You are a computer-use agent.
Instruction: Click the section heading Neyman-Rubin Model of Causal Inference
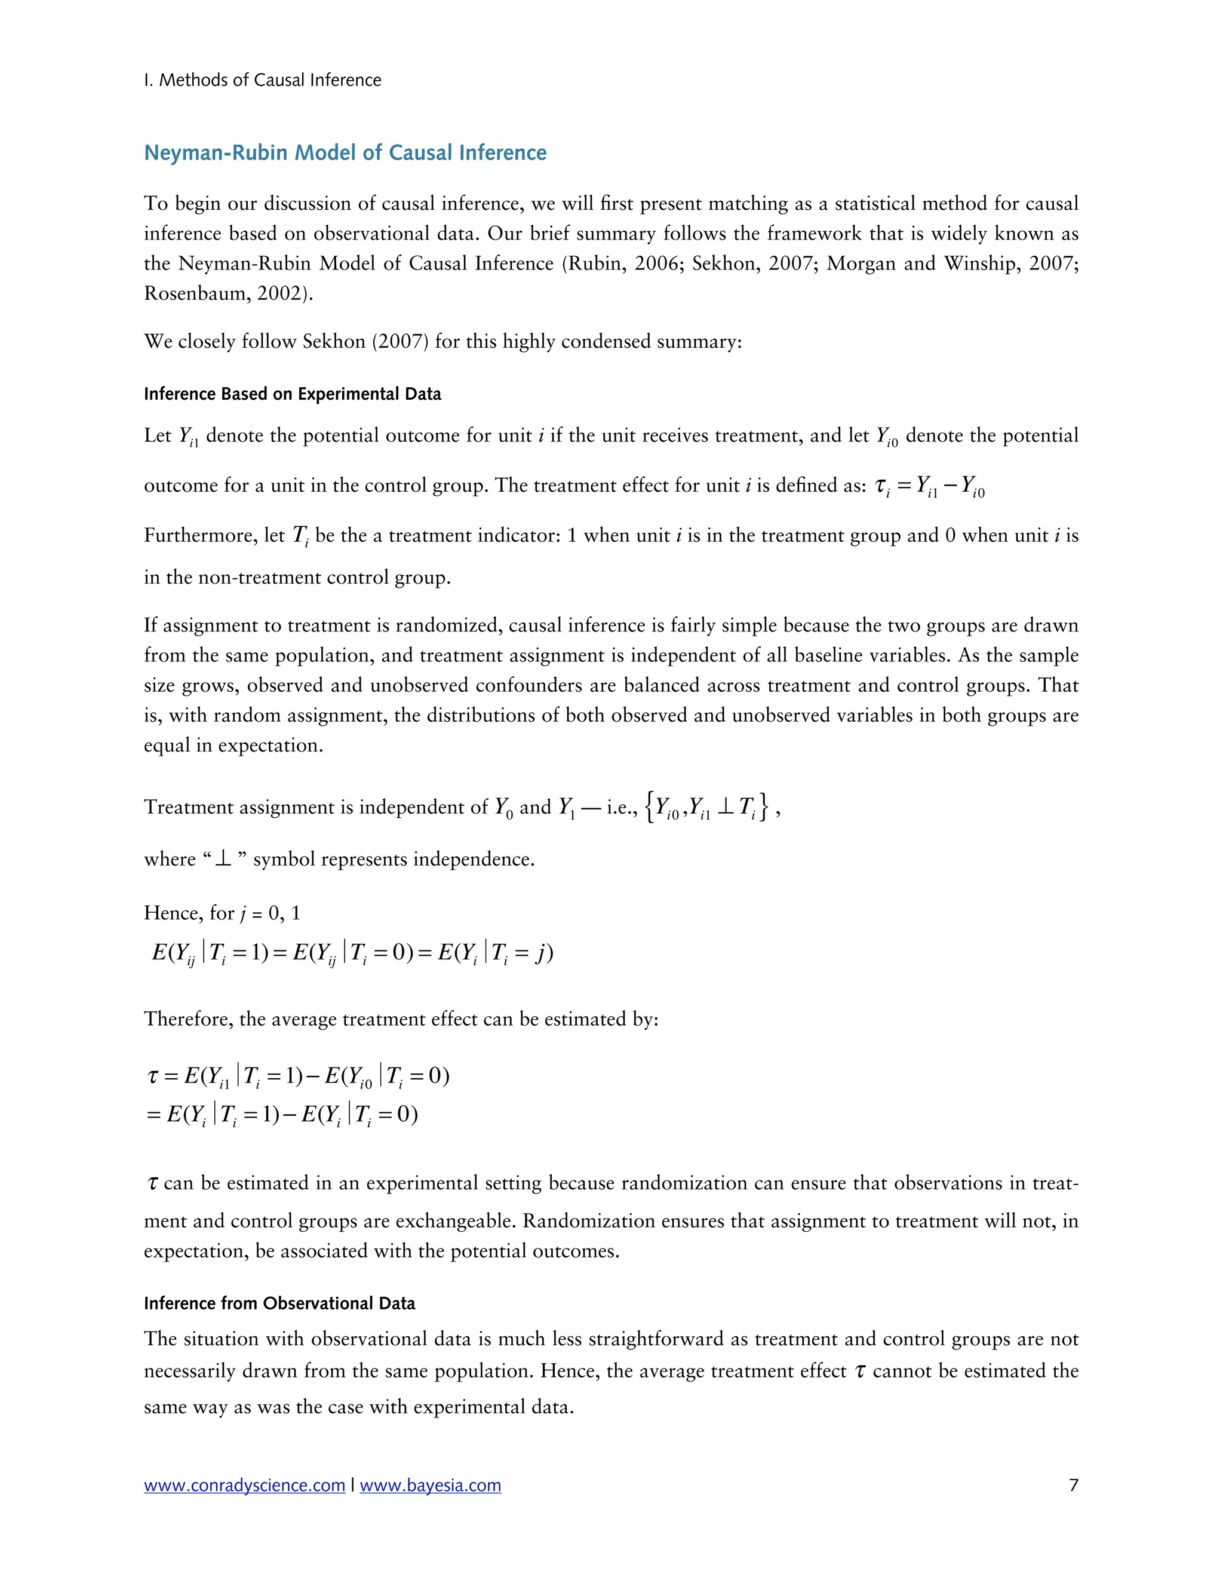(x=345, y=153)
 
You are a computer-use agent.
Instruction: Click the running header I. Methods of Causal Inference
(x=262, y=79)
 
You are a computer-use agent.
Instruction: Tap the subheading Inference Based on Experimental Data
(x=292, y=394)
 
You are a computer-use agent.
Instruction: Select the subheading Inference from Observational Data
(x=279, y=1303)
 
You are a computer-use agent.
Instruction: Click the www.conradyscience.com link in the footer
(x=244, y=1485)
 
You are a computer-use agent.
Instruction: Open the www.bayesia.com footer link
(x=431, y=1485)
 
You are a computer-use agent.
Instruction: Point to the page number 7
(x=1073, y=1484)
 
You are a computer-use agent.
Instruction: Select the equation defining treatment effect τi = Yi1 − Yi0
(x=930, y=486)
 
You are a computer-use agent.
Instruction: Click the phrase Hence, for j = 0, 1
(x=222, y=913)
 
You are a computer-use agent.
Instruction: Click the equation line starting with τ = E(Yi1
(x=298, y=1076)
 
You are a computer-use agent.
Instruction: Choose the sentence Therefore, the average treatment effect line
(x=401, y=1019)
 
